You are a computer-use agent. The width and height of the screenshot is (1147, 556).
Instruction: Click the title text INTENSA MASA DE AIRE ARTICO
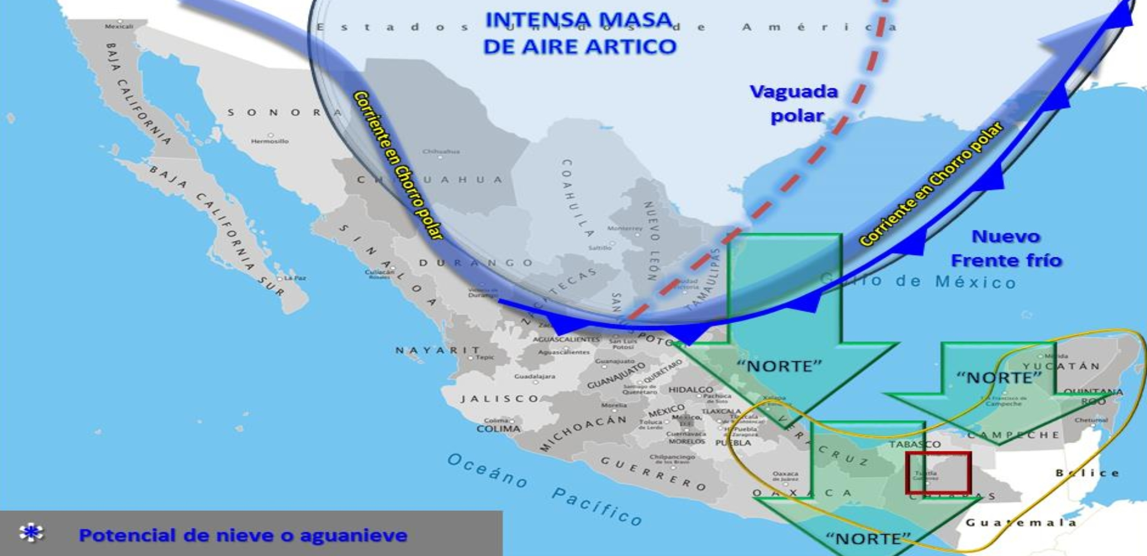[x=579, y=34]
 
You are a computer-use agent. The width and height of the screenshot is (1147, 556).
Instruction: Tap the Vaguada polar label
[x=794, y=104]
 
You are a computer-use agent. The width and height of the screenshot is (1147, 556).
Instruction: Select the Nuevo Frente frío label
[x=1006, y=249]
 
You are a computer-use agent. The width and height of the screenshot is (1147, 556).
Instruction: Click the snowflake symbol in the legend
[x=31, y=533]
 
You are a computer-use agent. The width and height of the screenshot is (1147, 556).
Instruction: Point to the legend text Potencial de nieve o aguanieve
[x=243, y=535]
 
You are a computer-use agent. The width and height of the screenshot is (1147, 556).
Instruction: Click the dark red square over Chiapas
[x=938, y=473]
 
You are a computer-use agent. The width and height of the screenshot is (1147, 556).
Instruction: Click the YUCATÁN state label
[x=1061, y=366]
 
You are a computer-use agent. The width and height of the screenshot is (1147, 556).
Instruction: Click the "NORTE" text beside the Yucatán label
[x=999, y=377]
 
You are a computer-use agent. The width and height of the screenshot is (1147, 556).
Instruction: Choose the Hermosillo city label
[x=270, y=141]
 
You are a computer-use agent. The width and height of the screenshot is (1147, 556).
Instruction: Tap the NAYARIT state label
[x=438, y=350]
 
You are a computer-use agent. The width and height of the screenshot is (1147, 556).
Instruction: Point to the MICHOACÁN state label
[x=583, y=433]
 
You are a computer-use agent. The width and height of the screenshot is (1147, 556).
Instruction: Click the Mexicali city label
[x=119, y=26]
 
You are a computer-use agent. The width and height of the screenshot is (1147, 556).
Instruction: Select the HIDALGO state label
[x=690, y=389]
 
